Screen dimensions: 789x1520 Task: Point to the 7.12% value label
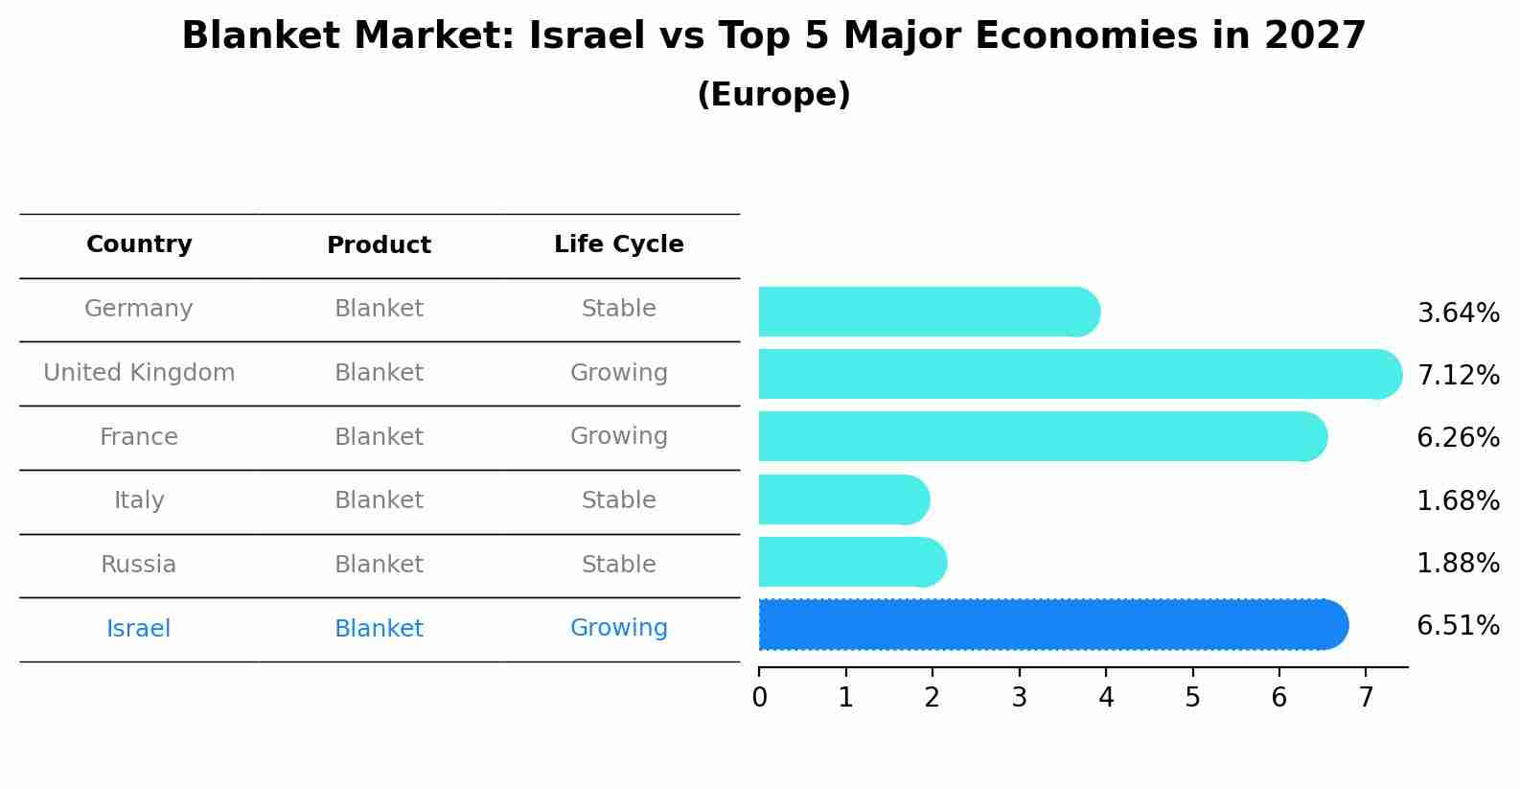tap(1458, 376)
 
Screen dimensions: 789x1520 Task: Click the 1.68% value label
tap(1458, 501)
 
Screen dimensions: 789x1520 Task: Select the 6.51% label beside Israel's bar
tap(1458, 627)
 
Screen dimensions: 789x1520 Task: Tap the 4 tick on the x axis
tap(1106, 698)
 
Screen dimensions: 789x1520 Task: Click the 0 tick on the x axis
tap(759, 698)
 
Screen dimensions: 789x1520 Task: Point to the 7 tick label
tap(1366, 698)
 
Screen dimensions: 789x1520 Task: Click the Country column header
tap(139, 244)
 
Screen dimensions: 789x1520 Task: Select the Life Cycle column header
tap(618, 244)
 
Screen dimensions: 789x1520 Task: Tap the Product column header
tap(379, 245)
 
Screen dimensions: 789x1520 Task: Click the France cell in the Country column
tap(139, 437)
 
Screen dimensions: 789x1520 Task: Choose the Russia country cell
tap(139, 565)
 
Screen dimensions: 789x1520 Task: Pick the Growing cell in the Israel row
tap(618, 628)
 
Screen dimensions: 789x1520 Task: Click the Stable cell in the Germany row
tap(618, 309)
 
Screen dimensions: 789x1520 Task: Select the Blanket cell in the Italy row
tap(379, 500)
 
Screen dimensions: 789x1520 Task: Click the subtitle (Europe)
tap(773, 95)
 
